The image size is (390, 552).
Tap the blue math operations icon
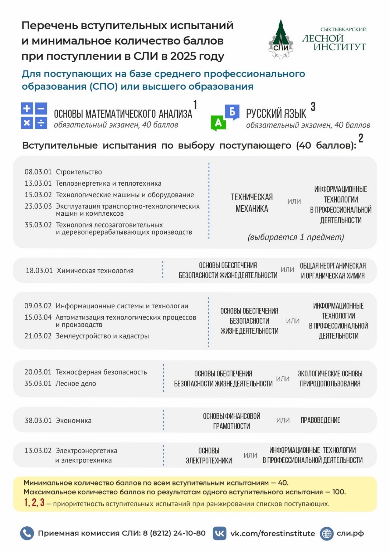click(x=34, y=116)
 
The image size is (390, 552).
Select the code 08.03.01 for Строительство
click(x=38, y=172)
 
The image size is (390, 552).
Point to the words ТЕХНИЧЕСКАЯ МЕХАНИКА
click(x=252, y=203)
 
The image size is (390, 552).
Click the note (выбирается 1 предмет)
click(x=296, y=237)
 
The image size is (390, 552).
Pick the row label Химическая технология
click(x=95, y=271)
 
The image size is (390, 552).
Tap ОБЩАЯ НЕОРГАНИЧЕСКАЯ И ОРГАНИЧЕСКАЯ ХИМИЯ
click(x=333, y=271)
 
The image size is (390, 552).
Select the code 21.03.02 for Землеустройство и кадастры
click(x=38, y=336)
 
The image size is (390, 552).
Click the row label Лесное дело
click(x=76, y=384)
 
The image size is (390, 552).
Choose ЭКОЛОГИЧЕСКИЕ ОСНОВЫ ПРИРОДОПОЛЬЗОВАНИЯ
click(x=330, y=378)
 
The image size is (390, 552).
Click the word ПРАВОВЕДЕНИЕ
click(x=320, y=420)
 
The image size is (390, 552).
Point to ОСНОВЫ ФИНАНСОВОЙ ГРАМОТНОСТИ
click(x=232, y=421)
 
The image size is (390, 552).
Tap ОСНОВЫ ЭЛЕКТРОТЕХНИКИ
click(x=209, y=455)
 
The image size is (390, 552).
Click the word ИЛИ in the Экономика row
click(x=283, y=420)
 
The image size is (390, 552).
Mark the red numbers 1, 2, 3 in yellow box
click(x=34, y=503)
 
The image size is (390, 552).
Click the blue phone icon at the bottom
click(x=27, y=533)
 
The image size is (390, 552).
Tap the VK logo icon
click(x=219, y=533)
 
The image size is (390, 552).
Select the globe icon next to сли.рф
click(x=327, y=534)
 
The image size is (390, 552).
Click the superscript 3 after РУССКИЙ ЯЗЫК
click(x=313, y=107)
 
